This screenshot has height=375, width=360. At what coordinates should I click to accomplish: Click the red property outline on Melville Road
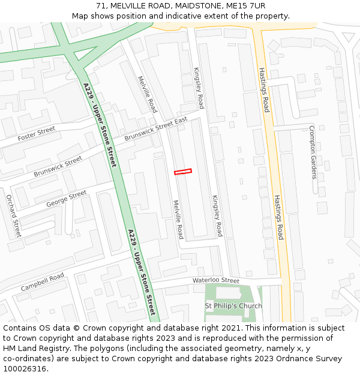tap(183, 172)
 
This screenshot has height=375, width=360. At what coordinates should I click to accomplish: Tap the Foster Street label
tap(36, 133)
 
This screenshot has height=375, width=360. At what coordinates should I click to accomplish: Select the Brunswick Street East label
tap(156, 130)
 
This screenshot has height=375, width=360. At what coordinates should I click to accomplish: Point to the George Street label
tap(67, 199)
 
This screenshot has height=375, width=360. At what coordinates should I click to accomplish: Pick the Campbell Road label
tap(43, 283)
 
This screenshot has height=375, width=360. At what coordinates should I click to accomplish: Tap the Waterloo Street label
tap(215, 280)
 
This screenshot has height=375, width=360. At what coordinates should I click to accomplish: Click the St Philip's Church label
tap(233, 306)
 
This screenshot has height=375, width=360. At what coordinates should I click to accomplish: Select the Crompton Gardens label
tap(313, 152)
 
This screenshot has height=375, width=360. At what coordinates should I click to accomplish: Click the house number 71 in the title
tap(100, 6)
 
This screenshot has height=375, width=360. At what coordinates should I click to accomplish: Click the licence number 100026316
tap(25, 369)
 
